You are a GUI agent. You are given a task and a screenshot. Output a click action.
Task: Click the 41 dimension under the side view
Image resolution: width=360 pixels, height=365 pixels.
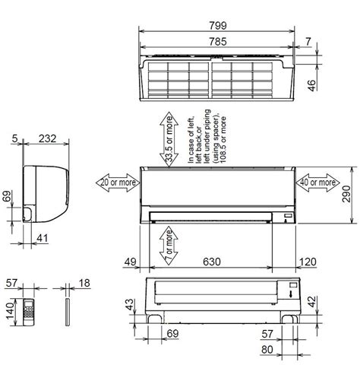tap(43, 238)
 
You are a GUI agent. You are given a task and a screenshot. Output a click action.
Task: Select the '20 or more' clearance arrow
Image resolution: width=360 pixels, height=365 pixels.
tap(116, 182)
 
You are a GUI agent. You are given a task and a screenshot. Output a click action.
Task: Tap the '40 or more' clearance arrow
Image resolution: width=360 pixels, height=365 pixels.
tap(318, 182)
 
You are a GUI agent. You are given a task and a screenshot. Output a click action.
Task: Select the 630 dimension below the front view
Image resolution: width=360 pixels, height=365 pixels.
tap(212, 262)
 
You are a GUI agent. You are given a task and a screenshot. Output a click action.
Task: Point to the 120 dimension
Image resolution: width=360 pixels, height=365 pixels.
tap(308, 262)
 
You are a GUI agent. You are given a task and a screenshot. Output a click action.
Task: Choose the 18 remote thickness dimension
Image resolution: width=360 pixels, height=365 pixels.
tap(84, 283)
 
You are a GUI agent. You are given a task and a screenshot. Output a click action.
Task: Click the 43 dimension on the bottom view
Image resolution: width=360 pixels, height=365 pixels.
tap(129, 304)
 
